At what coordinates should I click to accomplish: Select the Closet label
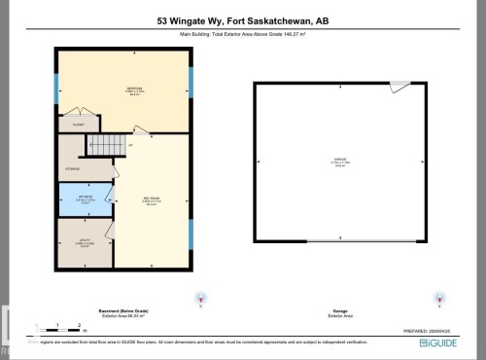(x=78, y=125)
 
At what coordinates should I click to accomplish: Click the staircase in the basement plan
(x=107, y=146)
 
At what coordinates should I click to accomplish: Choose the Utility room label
(x=84, y=244)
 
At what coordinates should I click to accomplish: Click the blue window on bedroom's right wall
(x=191, y=84)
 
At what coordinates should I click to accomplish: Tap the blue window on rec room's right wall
(x=191, y=234)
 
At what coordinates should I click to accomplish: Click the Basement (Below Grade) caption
(x=123, y=311)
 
